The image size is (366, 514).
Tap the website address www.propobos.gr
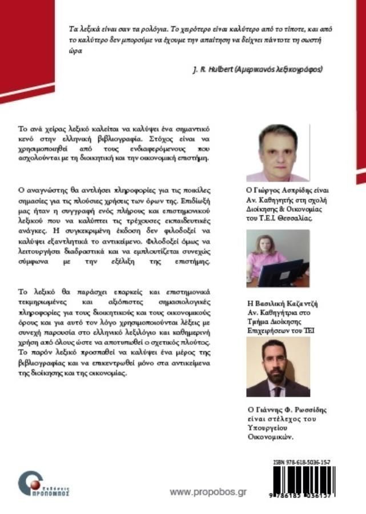pyautogui.click(x=208, y=492)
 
